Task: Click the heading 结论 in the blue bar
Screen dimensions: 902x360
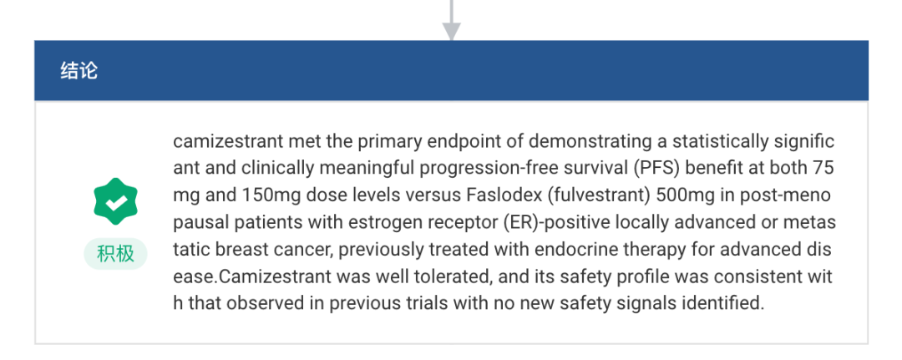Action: [79, 71]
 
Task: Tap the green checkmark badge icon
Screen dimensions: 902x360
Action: [115, 202]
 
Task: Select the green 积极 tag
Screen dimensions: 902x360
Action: [115, 254]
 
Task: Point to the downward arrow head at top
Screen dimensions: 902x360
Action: [452, 31]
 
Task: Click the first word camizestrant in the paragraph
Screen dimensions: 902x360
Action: [228, 141]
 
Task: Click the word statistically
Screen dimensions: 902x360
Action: [720, 141]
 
